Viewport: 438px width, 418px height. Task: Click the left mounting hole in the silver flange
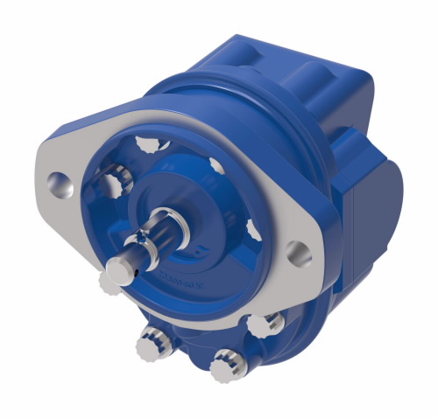60,185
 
